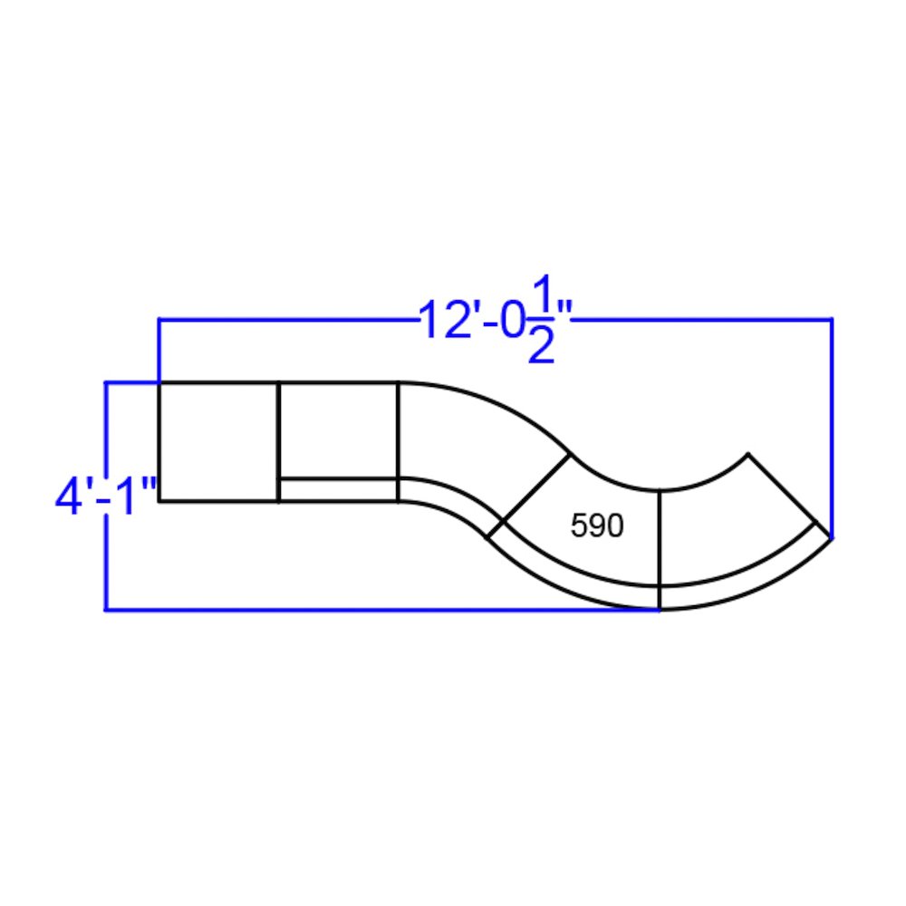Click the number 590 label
(x=597, y=526)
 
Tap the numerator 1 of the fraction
(x=541, y=294)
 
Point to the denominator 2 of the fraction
(x=541, y=346)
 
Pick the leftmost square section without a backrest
(x=218, y=441)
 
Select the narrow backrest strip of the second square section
(x=338, y=489)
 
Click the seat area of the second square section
(x=338, y=429)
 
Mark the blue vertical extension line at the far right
(x=832, y=426)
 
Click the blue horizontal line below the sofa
(x=381, y=610)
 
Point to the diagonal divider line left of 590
(x=536, y=487)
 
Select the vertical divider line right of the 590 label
(x=660, y=539)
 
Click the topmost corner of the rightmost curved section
(x=748, y=453)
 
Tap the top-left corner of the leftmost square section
(x=159, y=383)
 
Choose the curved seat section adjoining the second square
(x=471, y=444)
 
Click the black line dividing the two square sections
(x=278, y=441)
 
